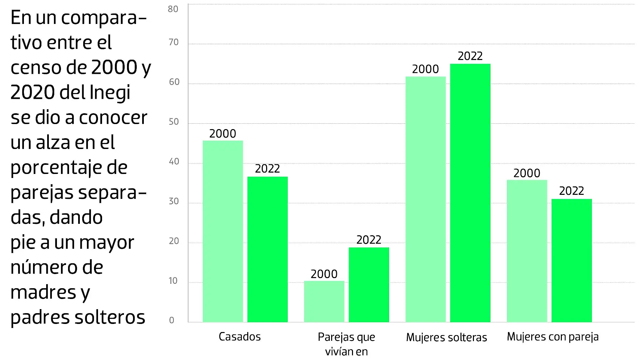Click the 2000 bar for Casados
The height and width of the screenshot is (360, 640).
(223, 231)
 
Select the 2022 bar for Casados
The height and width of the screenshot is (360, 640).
(267, 249)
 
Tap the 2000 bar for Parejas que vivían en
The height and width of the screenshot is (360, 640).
(324, 301)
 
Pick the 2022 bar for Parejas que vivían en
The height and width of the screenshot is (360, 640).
(369, 285)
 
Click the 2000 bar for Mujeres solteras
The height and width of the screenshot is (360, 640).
(425, 199)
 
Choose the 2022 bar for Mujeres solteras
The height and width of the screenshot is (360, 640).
(470, 193)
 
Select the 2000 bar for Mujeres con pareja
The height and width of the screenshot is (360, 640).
(527, 251)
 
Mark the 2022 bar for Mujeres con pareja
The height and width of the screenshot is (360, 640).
(572, 261)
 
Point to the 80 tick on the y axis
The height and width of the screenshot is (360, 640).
(173, 9)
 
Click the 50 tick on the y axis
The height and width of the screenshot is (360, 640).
(173, 122)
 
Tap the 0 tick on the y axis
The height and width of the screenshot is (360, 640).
(172, 320)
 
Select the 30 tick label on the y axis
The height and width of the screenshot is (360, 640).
(173, 201)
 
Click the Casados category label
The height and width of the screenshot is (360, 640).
(239, 337)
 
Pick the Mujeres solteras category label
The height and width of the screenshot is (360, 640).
(446, 337)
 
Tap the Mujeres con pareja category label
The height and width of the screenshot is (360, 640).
(553, 337)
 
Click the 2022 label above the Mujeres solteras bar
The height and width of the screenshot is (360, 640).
(470, 56)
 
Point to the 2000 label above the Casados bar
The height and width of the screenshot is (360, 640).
(223, 133)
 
